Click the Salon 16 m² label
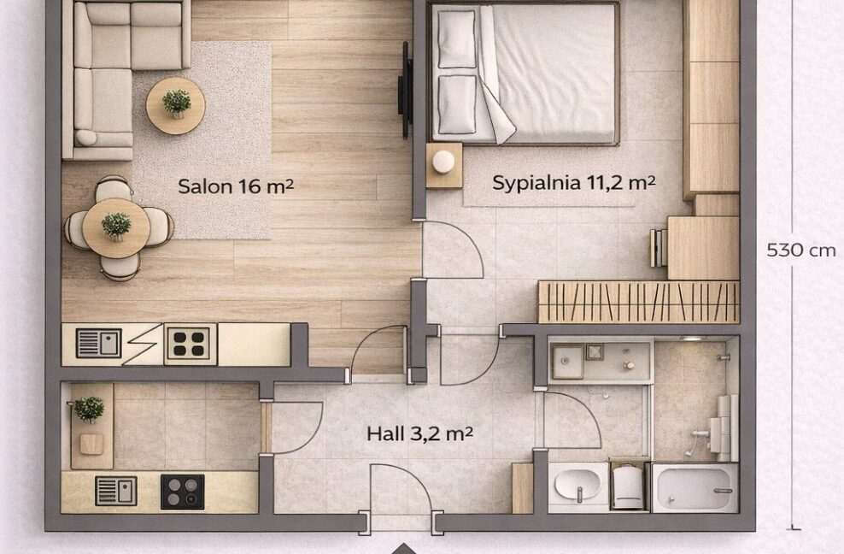tap(236, 186)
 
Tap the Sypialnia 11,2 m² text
tap(574, 183)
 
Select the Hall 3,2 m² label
tap(419, 433)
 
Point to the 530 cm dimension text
tap(801, 250)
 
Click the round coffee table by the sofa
tap(175, 106)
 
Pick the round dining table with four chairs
tap(116, 228)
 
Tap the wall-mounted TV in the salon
tap(405, 90)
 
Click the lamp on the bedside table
tap(443, 162)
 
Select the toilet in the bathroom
tap(628, 485)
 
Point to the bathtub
tap(695, 487)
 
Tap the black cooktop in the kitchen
tap(183, 492)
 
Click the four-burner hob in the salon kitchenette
tap(190, 344)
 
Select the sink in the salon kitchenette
tap(98, 344)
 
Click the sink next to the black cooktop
tap(115, 491)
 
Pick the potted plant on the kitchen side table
tap(89, 409)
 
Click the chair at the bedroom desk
tap(659, 248)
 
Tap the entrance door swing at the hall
tap(417, 480)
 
